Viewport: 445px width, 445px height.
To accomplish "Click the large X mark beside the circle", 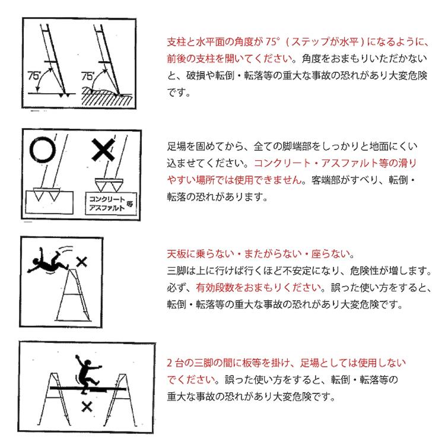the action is coord(103,150).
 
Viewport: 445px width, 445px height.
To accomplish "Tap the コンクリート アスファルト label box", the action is coord(111,204).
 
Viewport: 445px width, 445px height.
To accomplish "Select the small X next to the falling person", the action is coord(82,262).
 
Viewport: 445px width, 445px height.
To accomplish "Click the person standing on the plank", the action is coord(87,374).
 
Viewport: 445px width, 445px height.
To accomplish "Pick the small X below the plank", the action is coord(87,407).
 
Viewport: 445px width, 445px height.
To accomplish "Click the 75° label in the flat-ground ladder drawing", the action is coord(34,75).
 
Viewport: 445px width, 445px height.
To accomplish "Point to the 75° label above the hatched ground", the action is coord(87,76).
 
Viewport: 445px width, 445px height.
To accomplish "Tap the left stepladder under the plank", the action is coord(54,400).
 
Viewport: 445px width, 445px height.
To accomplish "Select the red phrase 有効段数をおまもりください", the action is coord(258,288).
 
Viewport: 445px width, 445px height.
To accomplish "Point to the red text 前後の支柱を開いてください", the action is coord(230,59).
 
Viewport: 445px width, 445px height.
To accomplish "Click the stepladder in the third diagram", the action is coord(73,295).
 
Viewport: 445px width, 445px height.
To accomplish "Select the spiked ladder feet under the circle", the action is coord(46,194).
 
